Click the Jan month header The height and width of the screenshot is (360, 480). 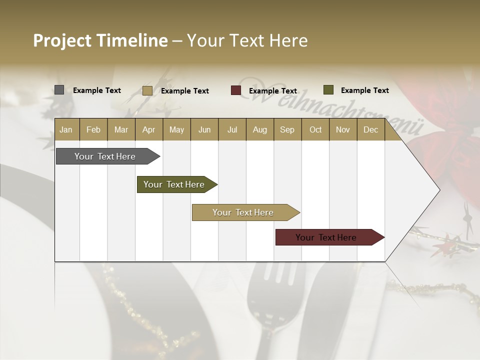click(x=66, y=129)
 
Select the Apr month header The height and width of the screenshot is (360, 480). click(x=149, y=129)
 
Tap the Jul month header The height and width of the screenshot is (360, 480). click(x=232, y=129)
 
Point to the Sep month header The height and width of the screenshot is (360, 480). click(x=287, y=129)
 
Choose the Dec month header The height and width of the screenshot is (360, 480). click(x=370, y=129)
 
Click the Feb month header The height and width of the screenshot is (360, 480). click(x=93, y=129)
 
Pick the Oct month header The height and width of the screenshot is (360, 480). click(x=315, y=129)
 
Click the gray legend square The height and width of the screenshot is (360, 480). click(x=59, y=90)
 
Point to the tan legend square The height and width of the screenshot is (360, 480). click(x=147, y=90)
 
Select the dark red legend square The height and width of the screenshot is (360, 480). click(x=236, y=90)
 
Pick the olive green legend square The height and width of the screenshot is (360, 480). click(x=328, y=90)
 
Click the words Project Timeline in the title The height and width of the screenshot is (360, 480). click(x=100, y=40)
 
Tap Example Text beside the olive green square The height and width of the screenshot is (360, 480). click(x=364, y=90)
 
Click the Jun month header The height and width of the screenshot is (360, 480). click(x=204, y=129)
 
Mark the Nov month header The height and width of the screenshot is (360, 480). click(x=343, y=129)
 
